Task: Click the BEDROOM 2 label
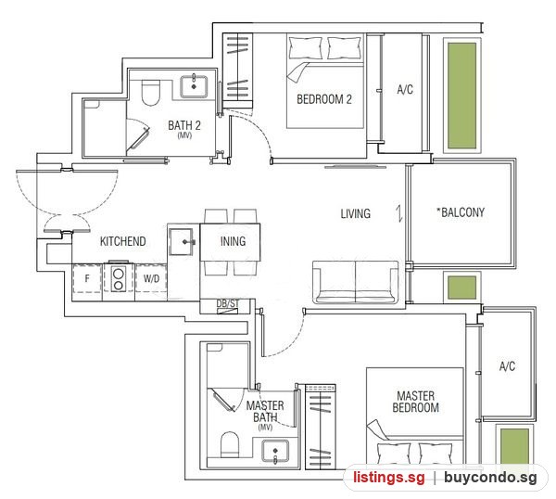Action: coord(324,99)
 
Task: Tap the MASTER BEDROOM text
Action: coord(415,402)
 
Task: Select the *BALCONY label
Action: coord(461,212)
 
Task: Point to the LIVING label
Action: coord(355,213)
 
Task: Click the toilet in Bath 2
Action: coord(151,92)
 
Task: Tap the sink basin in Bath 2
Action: coord(194,86)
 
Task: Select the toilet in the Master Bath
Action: coord(230,444)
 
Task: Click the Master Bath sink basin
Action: coord(275,451)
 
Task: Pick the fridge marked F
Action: coord(87,278)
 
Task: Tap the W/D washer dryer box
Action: coord(151,278)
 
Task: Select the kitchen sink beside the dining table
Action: coord(182,242)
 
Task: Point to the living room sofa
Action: coord(356,282)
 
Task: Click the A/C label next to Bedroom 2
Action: coord(405,89)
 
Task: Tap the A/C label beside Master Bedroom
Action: coord(507,366)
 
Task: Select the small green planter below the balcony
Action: coord(461,288)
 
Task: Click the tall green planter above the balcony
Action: coord(461,96)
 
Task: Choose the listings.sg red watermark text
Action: coord(389,478)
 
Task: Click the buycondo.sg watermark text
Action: coord(490,478)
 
